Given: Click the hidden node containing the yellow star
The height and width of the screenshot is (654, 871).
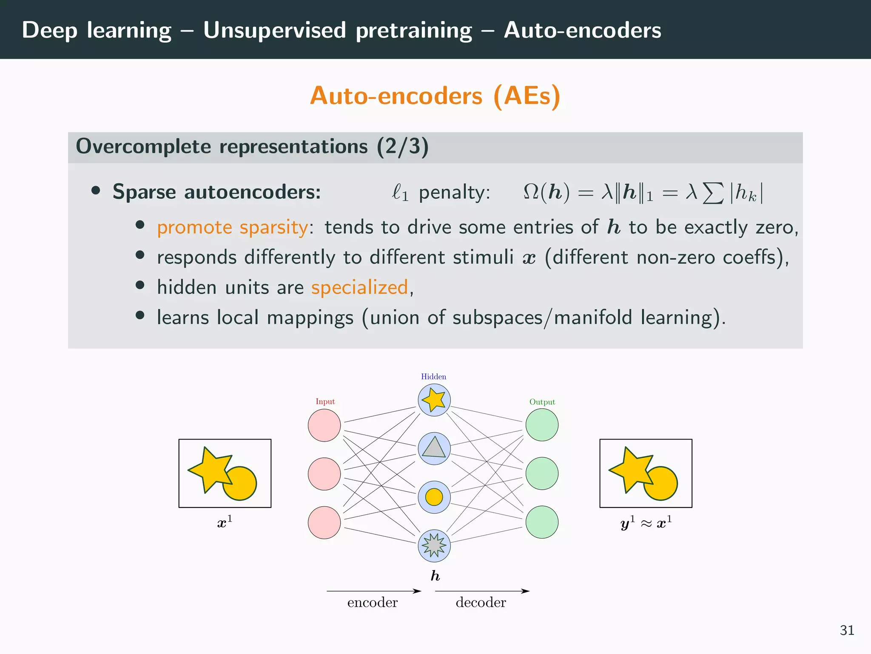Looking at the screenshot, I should pyautogui.click(x=434, y=400).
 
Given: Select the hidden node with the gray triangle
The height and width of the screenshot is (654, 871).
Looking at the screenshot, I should pyautogui.click(x=434, y=448).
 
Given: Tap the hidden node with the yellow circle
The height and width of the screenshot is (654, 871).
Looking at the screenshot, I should pyautogui.click(x=434, y=497).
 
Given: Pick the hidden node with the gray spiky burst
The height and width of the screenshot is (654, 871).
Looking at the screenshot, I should pyautogui.click(x=434, y=545).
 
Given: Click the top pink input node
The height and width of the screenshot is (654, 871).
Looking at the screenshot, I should pyautogui.click(x=324, y=425).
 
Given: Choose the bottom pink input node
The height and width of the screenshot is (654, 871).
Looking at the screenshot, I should pyautogui.click(x=324, y=522).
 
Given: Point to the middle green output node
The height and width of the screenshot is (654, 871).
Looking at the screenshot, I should pyautogui.click(x=542, y=473).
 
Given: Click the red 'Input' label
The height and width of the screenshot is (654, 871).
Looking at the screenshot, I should pyautogui.click(x=325, y=402).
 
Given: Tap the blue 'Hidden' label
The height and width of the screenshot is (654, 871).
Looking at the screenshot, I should pyautogui.click(x=433, y=376).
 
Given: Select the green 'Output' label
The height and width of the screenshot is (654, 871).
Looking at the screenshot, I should pyautogui.click(x=542, y=402).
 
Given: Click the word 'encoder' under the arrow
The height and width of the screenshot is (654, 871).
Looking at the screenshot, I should pyautogui.click(x=372, y=602).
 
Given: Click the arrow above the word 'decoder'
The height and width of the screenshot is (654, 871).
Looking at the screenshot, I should pyautogui.click(x=482, y=591).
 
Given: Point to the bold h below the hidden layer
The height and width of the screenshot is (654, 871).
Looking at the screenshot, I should pyautogui.click(x=435, y=576).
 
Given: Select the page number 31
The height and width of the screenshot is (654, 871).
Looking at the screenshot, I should pyautogui.click(x=847, y=630).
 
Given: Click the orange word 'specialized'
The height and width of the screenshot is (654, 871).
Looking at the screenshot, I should pyautogui.click(x=359, y=287).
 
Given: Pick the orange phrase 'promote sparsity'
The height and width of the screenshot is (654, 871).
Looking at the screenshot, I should pyautogui.click(x=232, y=227).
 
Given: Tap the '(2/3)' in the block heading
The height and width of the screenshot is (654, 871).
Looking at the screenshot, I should pyautogui.click(x=402, y=146).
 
